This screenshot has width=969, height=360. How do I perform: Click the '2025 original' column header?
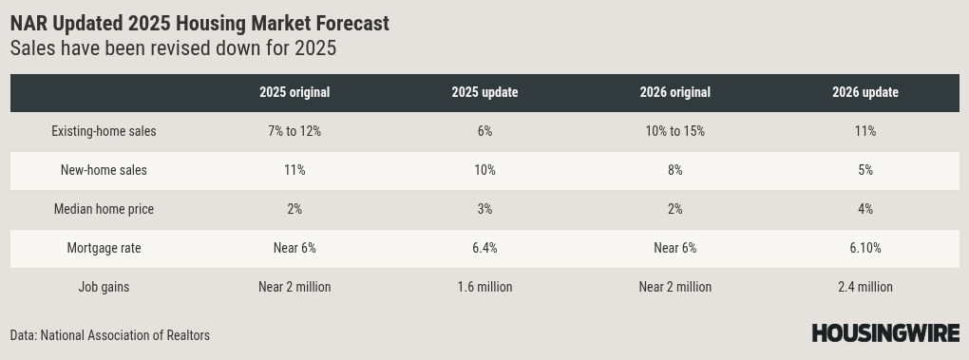294,93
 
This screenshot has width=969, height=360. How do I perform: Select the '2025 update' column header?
484,93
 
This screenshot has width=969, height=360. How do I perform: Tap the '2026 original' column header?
674,93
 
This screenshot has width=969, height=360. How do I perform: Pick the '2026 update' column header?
865,93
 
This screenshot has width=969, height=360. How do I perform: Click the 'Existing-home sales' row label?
104,131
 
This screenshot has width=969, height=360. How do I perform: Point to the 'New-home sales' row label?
104,170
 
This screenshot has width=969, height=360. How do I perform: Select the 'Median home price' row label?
104,209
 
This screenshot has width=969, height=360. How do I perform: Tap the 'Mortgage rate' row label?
104,248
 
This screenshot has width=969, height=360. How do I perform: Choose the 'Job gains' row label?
104,287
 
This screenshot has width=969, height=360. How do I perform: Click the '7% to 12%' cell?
294,131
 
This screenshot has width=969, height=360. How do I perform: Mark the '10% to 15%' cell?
674,131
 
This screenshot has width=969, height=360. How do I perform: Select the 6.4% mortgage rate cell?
484,248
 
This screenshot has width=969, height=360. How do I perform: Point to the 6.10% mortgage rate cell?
865,248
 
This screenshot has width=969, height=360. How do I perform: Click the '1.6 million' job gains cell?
484,287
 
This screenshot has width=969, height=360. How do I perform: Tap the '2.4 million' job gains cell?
865,287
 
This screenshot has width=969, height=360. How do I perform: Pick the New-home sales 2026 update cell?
865,170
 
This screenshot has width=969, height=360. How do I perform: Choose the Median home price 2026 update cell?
865,209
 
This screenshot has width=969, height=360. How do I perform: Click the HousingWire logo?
885,333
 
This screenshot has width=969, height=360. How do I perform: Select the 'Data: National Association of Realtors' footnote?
110,335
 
